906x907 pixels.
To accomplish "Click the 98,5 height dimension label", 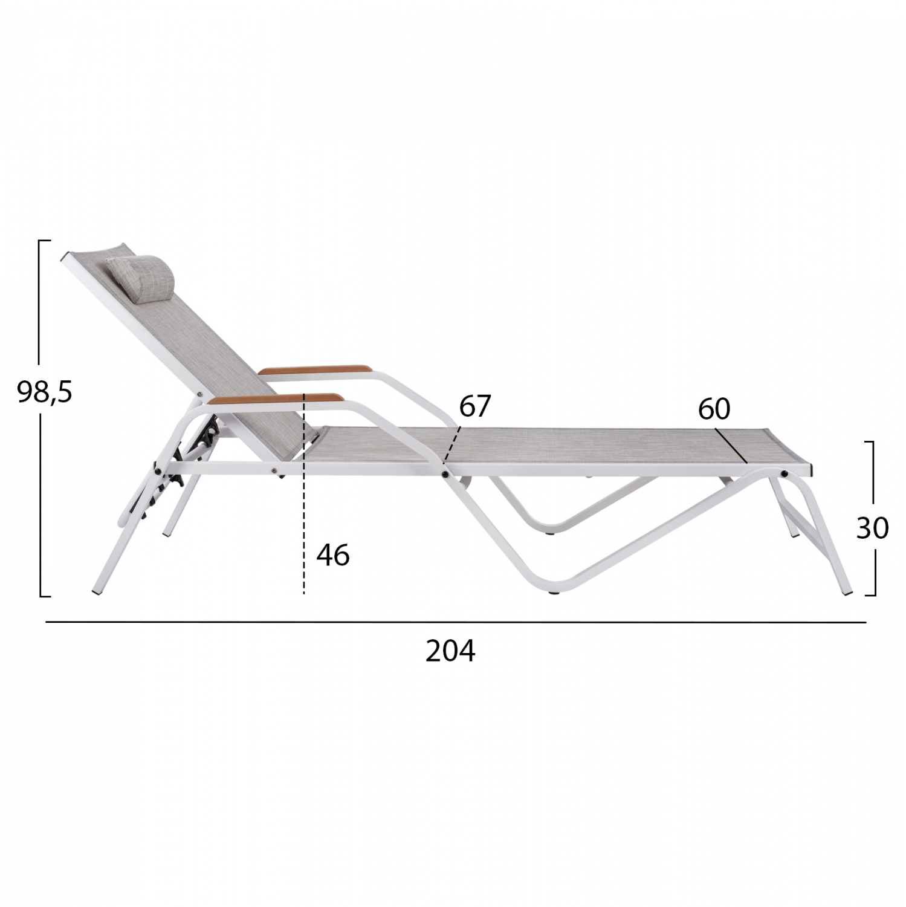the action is tap(45, 392).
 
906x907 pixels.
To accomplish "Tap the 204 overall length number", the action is tap(450, 651).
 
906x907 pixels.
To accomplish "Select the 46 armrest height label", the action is tap(333, 554).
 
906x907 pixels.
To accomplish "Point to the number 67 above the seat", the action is tap(475, 406).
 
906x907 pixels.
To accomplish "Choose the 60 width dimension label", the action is tap(714, 409).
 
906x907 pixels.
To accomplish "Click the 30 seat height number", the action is tap(872, 528).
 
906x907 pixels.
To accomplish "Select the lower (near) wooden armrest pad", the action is tap(275, 398).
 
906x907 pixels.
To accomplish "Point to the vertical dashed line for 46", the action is tap(304, 494).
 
